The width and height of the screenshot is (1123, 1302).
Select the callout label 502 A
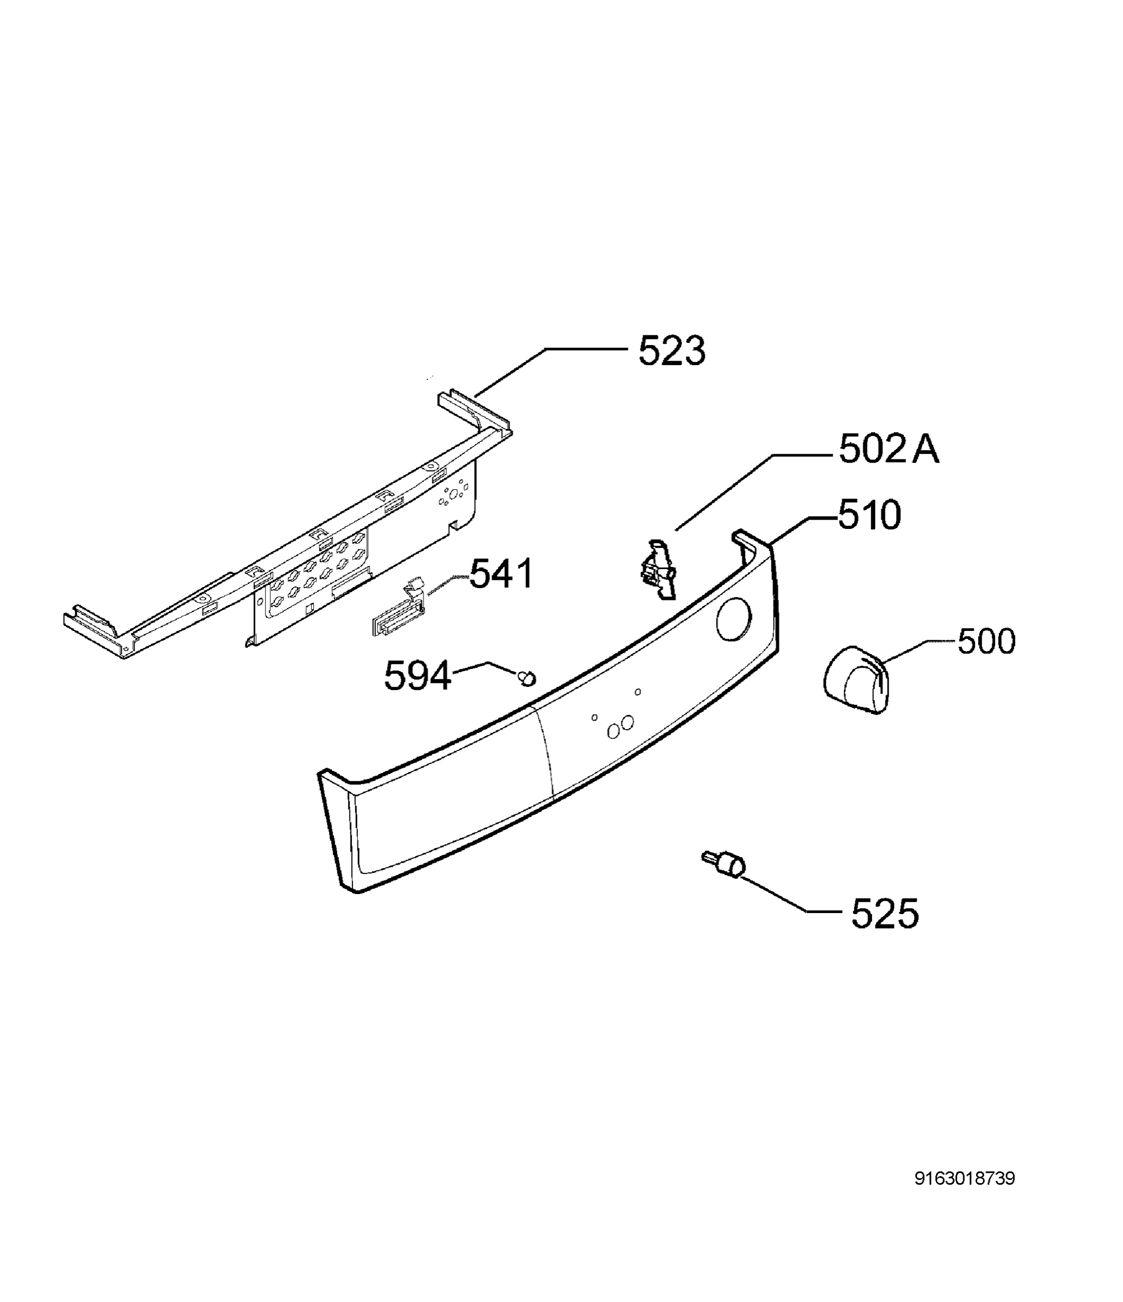tap(889, 450)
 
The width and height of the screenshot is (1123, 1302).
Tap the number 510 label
tap(870, 515)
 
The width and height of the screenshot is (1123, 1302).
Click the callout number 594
tap(418, 676)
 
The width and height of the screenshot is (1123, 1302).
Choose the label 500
tap(986, 642)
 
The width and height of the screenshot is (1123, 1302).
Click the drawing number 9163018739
tap(965, 1178)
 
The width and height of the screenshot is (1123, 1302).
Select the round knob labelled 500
tap(857, 679)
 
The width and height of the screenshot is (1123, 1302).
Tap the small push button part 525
tap(723, 862)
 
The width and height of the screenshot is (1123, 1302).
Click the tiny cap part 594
tap(527, 678)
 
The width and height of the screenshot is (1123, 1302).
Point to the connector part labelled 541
tap(397, 610)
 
